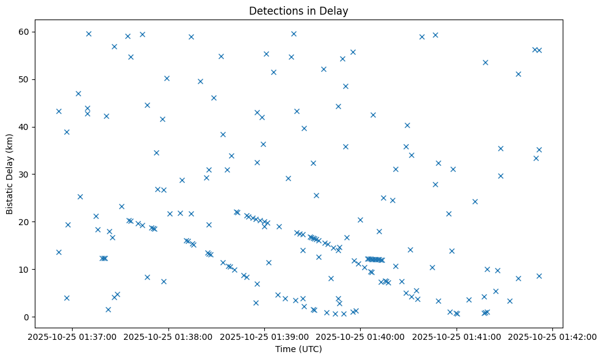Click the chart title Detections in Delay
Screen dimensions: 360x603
pos(298,10)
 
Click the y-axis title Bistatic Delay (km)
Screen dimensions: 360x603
pos(10,174)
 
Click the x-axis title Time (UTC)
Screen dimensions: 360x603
pos(298,349)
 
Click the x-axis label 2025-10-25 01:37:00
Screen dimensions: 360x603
pos(73,336)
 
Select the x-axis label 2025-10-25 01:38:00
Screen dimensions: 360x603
pos(168,336)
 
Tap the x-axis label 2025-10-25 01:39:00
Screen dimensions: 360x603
pos(265,336)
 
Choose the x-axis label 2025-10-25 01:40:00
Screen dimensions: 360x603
pos(361,336)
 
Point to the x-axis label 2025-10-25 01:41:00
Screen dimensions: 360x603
pos(457,336)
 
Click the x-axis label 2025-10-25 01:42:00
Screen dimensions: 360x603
pos(552,336)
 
